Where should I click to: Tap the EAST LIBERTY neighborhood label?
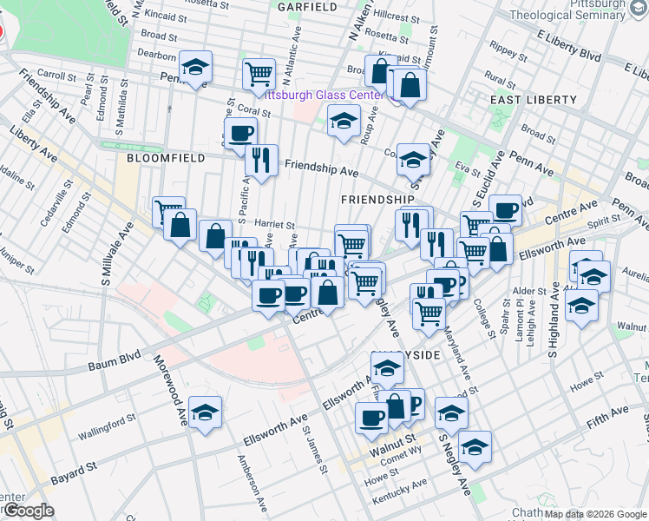tap(532, 100)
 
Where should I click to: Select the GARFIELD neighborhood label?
tap(306, 7)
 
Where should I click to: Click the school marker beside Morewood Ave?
tap(206, 413)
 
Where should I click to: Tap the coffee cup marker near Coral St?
tap(240, 134)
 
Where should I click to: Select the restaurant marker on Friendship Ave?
tap(260, 160)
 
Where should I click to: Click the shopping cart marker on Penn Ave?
tap(259, 75)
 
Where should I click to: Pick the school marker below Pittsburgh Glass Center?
tap(344, 121)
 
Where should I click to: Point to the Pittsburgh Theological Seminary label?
tap(579, 10)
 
